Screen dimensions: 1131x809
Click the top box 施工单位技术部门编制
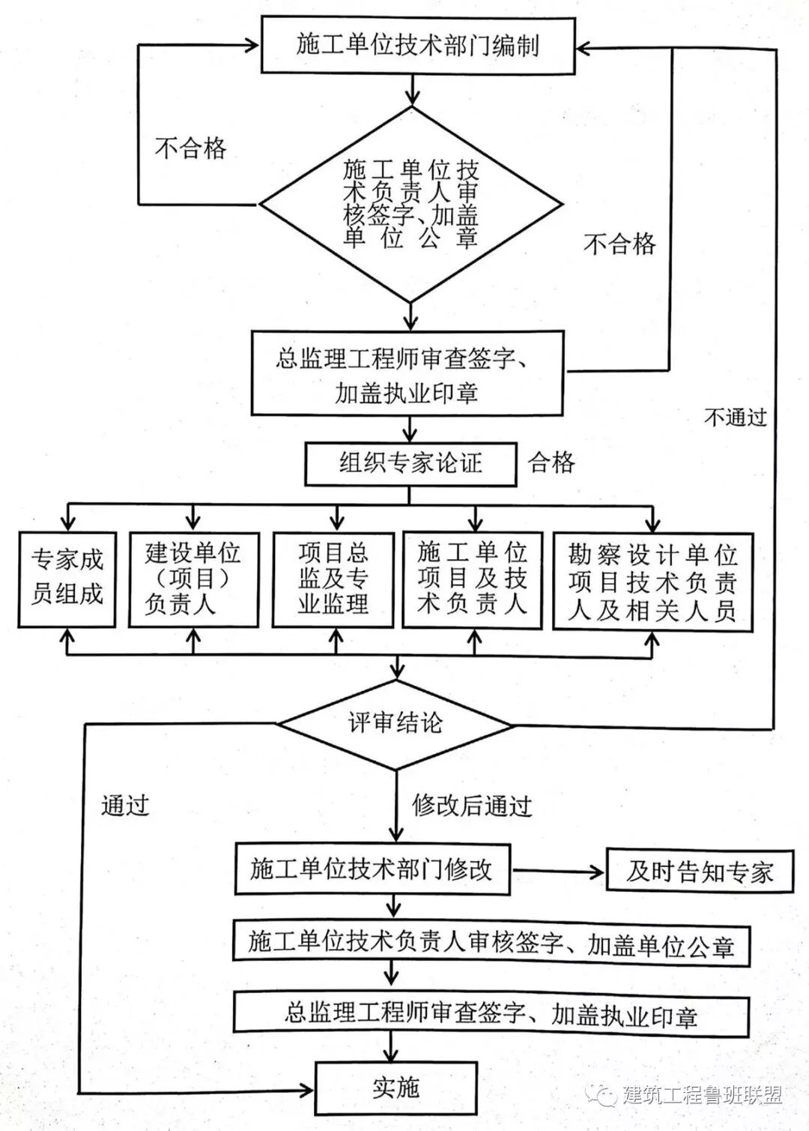pyautogui.click(x=417, y=46)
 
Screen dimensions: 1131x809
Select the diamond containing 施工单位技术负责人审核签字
pyautogui.click(x=410, y=203)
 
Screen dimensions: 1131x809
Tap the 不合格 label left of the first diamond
pyautogui.click(x=190, y=148)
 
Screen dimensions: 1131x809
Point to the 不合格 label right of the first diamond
pyautogui.click(x=619, y=244)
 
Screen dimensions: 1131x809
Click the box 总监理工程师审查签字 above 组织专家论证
pyautogui.click(x=407, y=374)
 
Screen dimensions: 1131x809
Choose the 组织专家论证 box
pyautogui.click(x=410, y=463)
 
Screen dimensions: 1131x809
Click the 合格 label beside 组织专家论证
pyautogui.click(x=552, y=462)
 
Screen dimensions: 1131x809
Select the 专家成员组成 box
pyautogui.click(x=67, y=578)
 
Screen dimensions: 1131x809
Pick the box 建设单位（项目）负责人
pyautogui.click(x=193, y=579)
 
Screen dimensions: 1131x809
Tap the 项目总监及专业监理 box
pyautogui.click(x=333, y=579)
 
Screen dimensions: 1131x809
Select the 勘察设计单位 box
pyautogui.click(x=652, y=582)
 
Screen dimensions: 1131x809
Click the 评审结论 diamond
pyautogui.click(x=395, y=723)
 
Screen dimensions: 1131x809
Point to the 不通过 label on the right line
pyautogui.click(x=736, y=417)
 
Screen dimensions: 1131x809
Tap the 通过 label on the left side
pyautogui.click(x=125, y=805)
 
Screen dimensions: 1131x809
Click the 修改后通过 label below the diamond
pyautogui.click(x=472, y=806)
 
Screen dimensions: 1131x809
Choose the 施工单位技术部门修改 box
pyautogui.click(x=372, y=869)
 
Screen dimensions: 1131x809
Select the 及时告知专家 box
pyautogui.click(x=699, y=871)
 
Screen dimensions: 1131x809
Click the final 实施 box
pyautogui.click(x=396, y=1088)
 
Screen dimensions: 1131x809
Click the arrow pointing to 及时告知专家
pyautogui.click(x=559, y=871)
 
